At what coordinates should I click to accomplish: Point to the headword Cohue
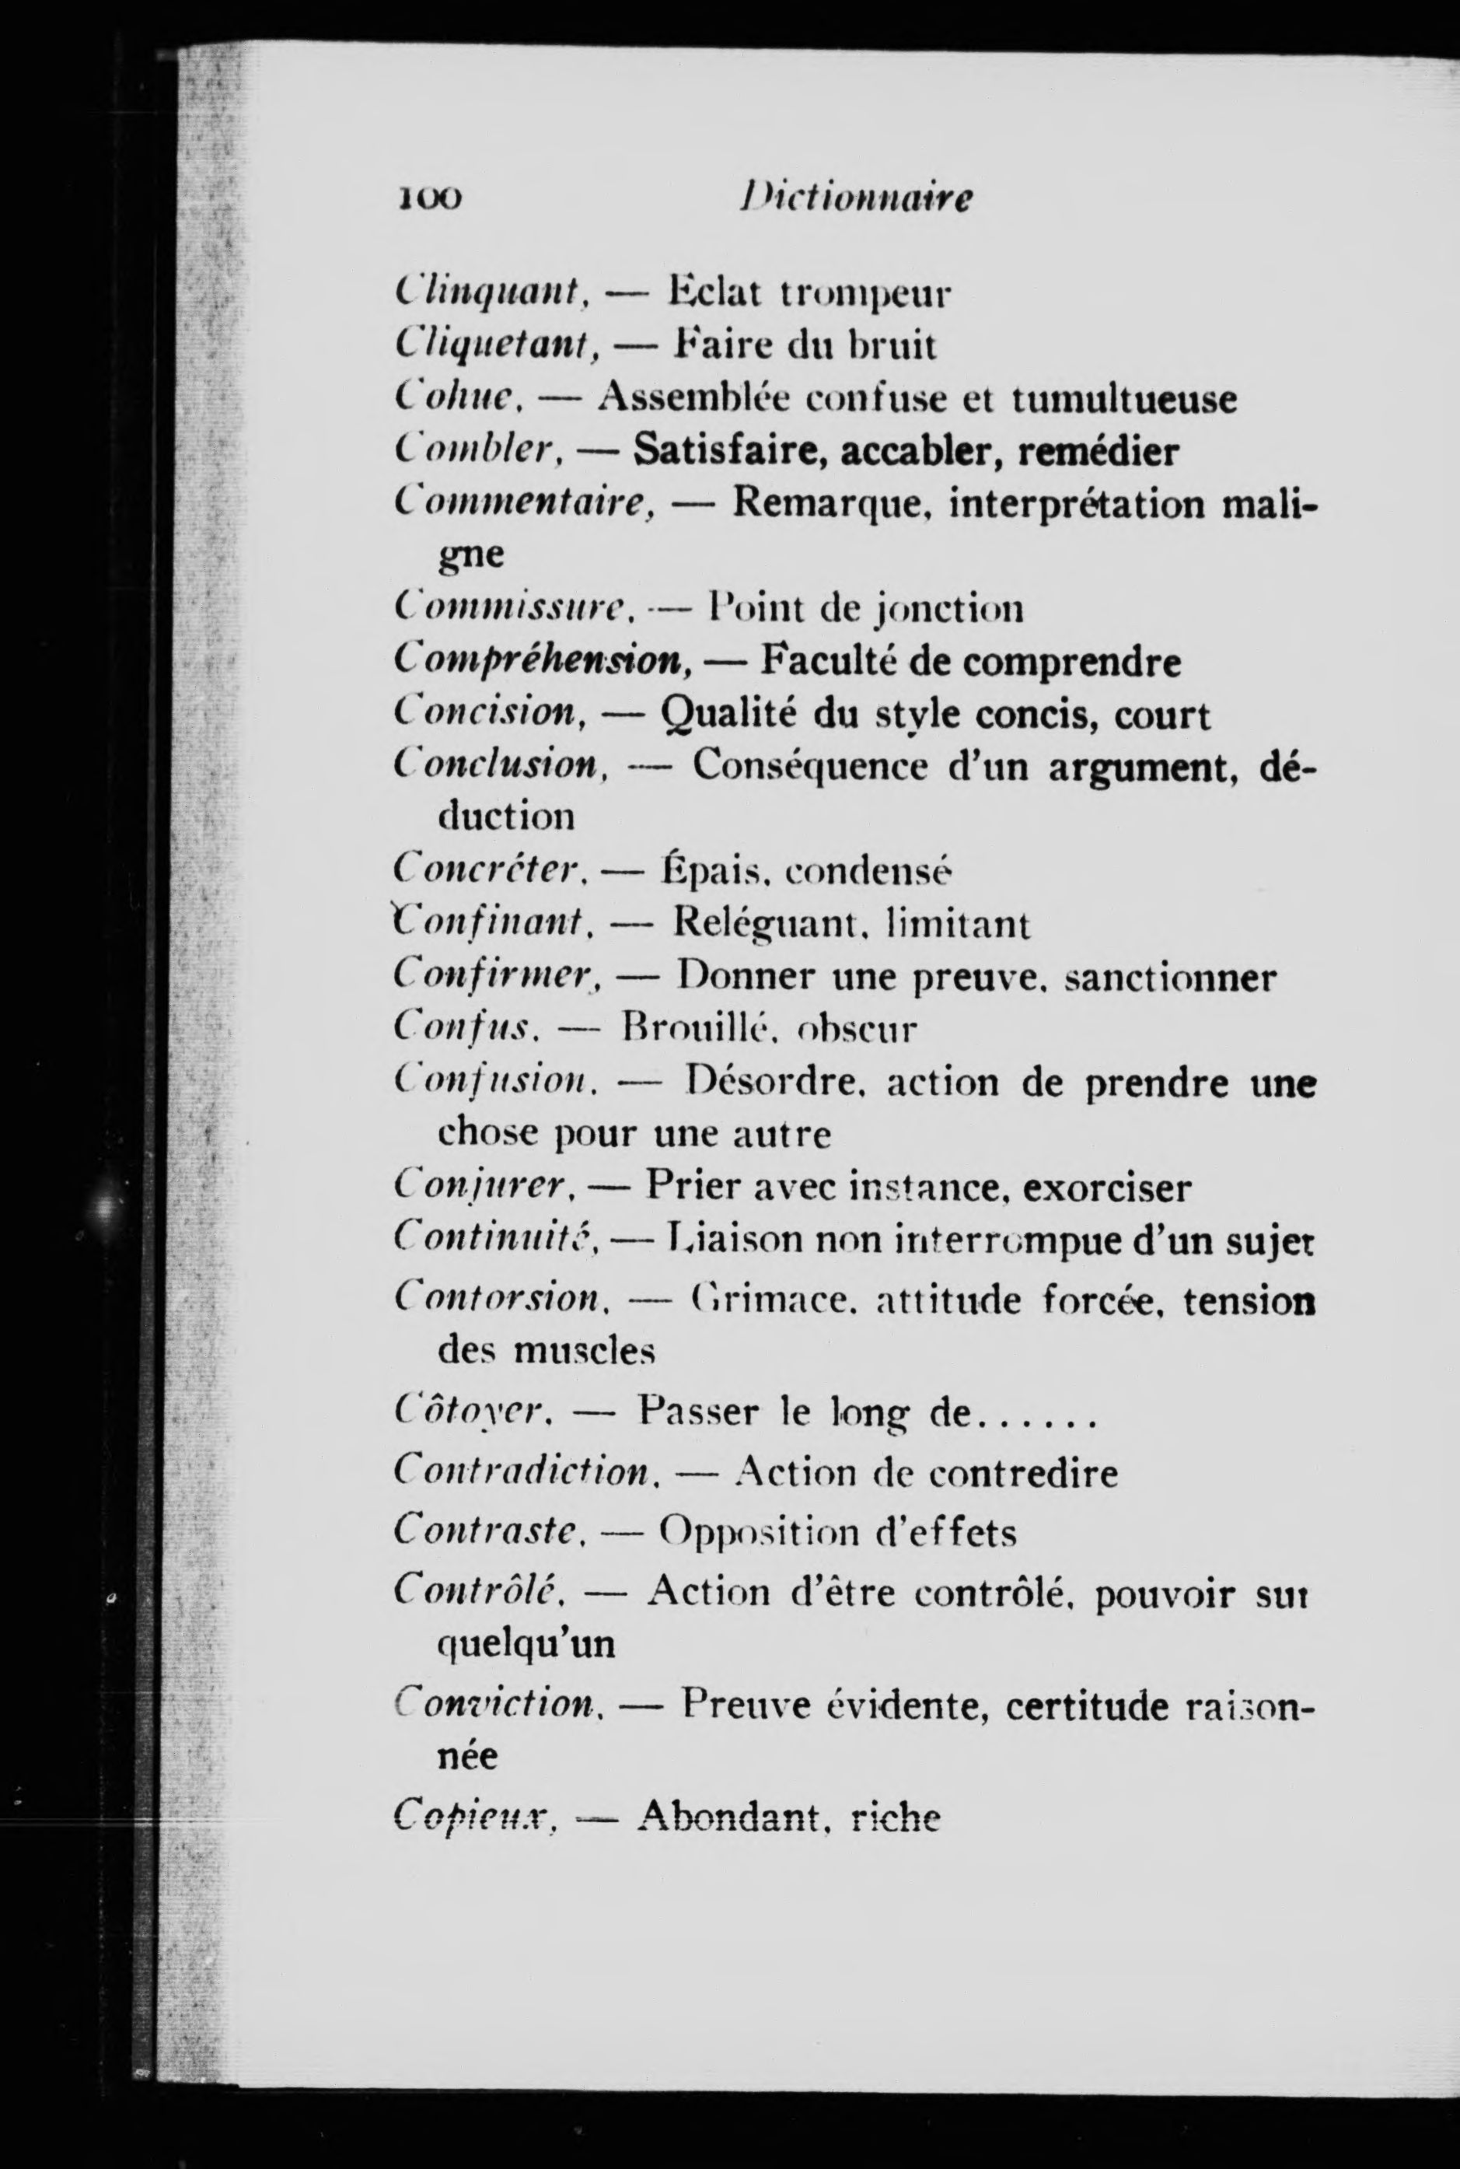click(x=459, y=400)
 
